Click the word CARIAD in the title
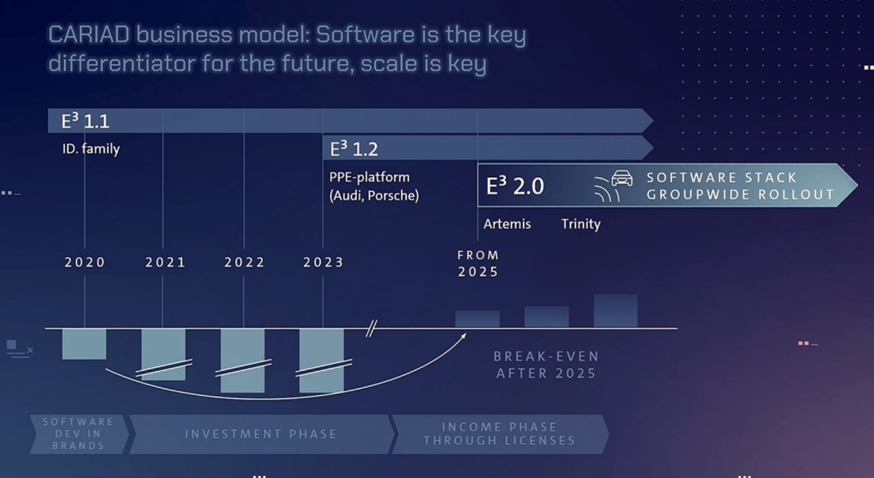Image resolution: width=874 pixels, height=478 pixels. (89, 34)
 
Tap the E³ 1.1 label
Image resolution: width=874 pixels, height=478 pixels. (85, 121)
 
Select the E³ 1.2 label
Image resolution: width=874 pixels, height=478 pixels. (354, 149)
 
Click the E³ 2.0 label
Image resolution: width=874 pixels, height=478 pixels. (514, 185)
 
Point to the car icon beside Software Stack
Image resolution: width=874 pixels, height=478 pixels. (622, 178)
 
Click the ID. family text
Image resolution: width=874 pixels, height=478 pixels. (91, 149)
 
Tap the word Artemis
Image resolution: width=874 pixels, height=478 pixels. (507, 224)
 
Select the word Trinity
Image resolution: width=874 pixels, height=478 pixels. (581, 225)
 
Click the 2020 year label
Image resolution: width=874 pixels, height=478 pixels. (85, 262)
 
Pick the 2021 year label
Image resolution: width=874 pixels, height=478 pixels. (165, 262)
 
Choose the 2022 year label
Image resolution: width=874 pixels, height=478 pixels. (244, 262)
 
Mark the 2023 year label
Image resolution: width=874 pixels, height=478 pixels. (324, 262)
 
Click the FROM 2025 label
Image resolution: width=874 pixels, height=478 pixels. (478, 264)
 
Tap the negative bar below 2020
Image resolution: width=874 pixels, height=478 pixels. (84, 344)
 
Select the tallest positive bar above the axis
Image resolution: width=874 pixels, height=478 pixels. (616, 311)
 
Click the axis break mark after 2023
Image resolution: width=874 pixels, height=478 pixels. (371, 328)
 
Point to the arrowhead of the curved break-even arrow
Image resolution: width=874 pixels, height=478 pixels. (465, 335)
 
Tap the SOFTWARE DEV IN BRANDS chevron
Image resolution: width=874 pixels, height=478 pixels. (79, 435)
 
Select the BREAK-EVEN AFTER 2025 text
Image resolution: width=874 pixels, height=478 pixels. (546, 365)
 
